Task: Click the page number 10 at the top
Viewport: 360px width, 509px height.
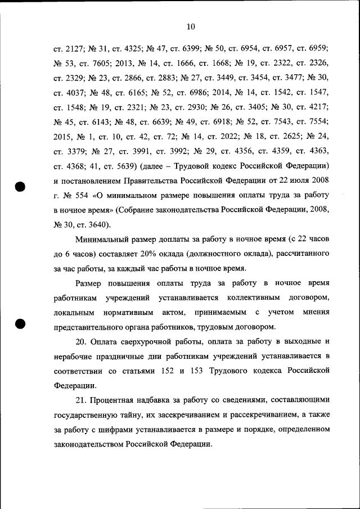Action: point(190,26)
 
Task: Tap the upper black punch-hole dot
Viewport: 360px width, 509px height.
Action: point(21,187)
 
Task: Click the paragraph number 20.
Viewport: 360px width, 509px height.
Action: point(82,342)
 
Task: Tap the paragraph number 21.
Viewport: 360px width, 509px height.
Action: point(82,400)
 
